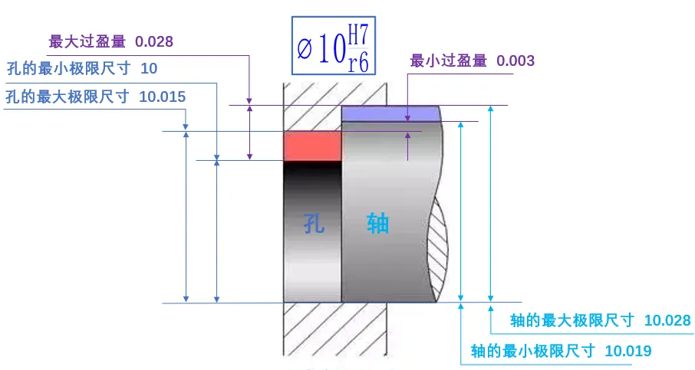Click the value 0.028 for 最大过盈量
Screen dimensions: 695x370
click(154, 41)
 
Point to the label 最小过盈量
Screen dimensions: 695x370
click(448, 61)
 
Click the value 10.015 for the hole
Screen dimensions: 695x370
click(163, 97)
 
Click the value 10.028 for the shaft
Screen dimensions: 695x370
click(667, 320)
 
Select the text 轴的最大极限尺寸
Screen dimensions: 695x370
click(572, 320)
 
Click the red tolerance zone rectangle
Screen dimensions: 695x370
click(311, 146)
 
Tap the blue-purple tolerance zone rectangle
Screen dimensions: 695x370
click(389, 113)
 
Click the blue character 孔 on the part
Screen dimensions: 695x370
click(312, 224)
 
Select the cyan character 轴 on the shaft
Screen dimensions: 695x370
click(377, 224)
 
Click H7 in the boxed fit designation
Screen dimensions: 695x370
click(357, 34)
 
